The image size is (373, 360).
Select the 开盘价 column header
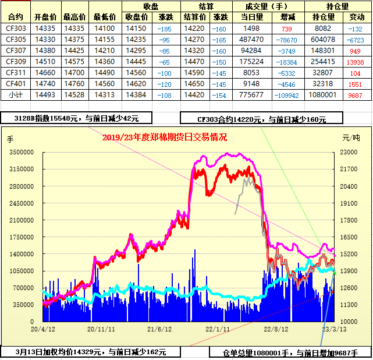click(45, 17)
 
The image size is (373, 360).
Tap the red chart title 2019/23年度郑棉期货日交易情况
click(164, 137)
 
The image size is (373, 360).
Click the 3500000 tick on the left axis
click(24, 152)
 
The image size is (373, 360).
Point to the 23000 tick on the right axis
click(349, 152)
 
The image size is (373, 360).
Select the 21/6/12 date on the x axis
click(159, 329)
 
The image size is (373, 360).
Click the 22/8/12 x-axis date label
click(276, 329)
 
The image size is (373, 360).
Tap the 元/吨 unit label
click(351, 138)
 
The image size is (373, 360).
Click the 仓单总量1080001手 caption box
click(290, 352)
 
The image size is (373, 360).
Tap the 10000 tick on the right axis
click(349, 322)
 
